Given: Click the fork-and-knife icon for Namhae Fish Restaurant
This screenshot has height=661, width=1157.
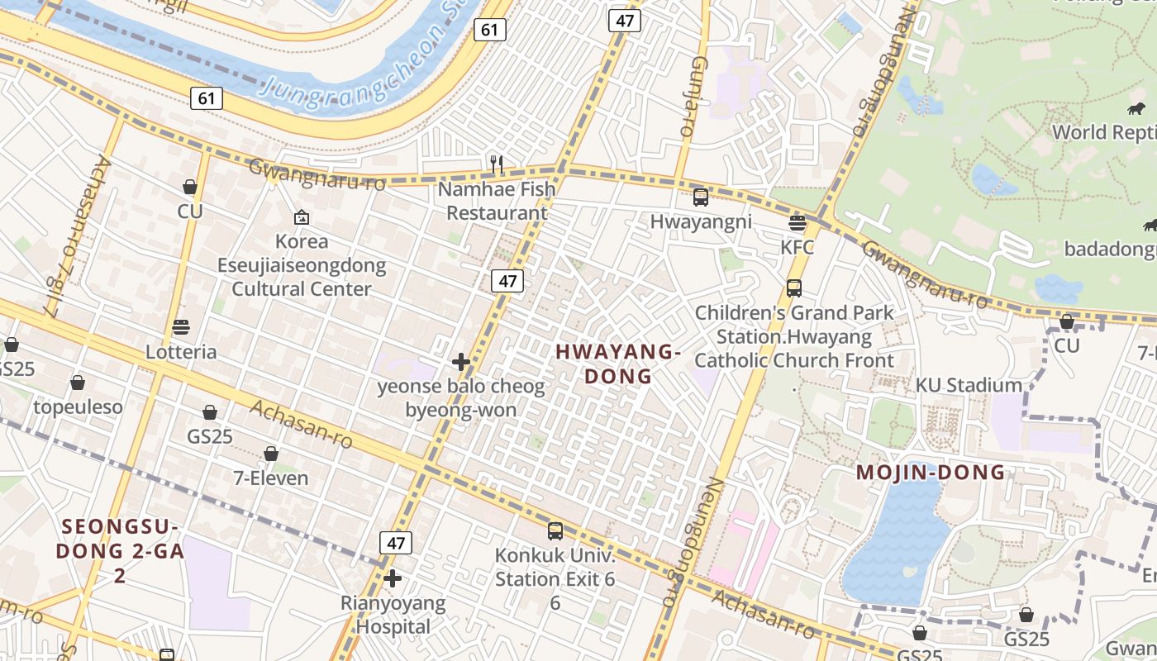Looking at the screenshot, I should (x=496, y=164).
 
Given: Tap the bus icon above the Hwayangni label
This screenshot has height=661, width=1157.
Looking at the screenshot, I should (x=701, y=197).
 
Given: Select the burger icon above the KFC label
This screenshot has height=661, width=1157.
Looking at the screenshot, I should (x=798, y=222).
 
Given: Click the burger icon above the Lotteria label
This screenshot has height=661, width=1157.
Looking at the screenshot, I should (x=181, y=327).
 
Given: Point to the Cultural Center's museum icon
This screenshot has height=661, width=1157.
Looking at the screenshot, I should (x=302, y=217).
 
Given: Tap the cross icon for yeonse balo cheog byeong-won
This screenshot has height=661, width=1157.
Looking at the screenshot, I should (x=461, y=362).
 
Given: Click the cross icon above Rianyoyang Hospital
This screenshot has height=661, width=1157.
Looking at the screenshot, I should (x=393, y=578).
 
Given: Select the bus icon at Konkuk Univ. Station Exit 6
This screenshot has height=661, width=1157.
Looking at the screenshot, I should (x=555, y=531).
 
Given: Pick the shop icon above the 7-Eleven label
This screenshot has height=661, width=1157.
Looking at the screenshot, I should (x=270, y=454).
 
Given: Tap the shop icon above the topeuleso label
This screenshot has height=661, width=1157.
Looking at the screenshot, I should (x=78, y=383).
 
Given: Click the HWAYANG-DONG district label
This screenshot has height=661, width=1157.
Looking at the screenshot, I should (x=618, y=364).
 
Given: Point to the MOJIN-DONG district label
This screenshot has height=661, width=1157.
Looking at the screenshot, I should (x=931, y=473).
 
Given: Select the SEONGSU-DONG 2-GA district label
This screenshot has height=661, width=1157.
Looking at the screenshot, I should (x=120, y=539).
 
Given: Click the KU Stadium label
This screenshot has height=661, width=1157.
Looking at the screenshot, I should (x=969, y=385).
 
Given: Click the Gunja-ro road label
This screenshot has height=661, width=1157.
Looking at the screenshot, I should (x=692, y=97).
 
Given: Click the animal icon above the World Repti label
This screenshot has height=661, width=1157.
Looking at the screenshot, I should (x=1136, y=108).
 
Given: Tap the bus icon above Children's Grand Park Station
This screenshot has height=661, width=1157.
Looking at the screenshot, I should (x=794, y=288).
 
